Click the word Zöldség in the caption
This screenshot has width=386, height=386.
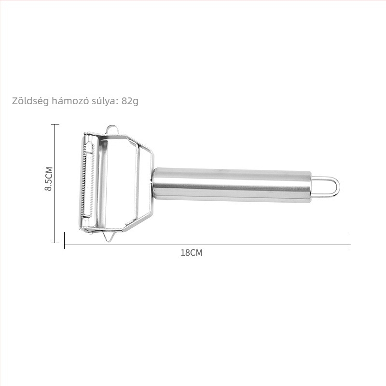point(30,101)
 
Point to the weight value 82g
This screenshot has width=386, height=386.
point(130,101)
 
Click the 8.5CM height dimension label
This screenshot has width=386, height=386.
point(49,179)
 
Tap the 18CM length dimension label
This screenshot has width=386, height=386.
point(192,253)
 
